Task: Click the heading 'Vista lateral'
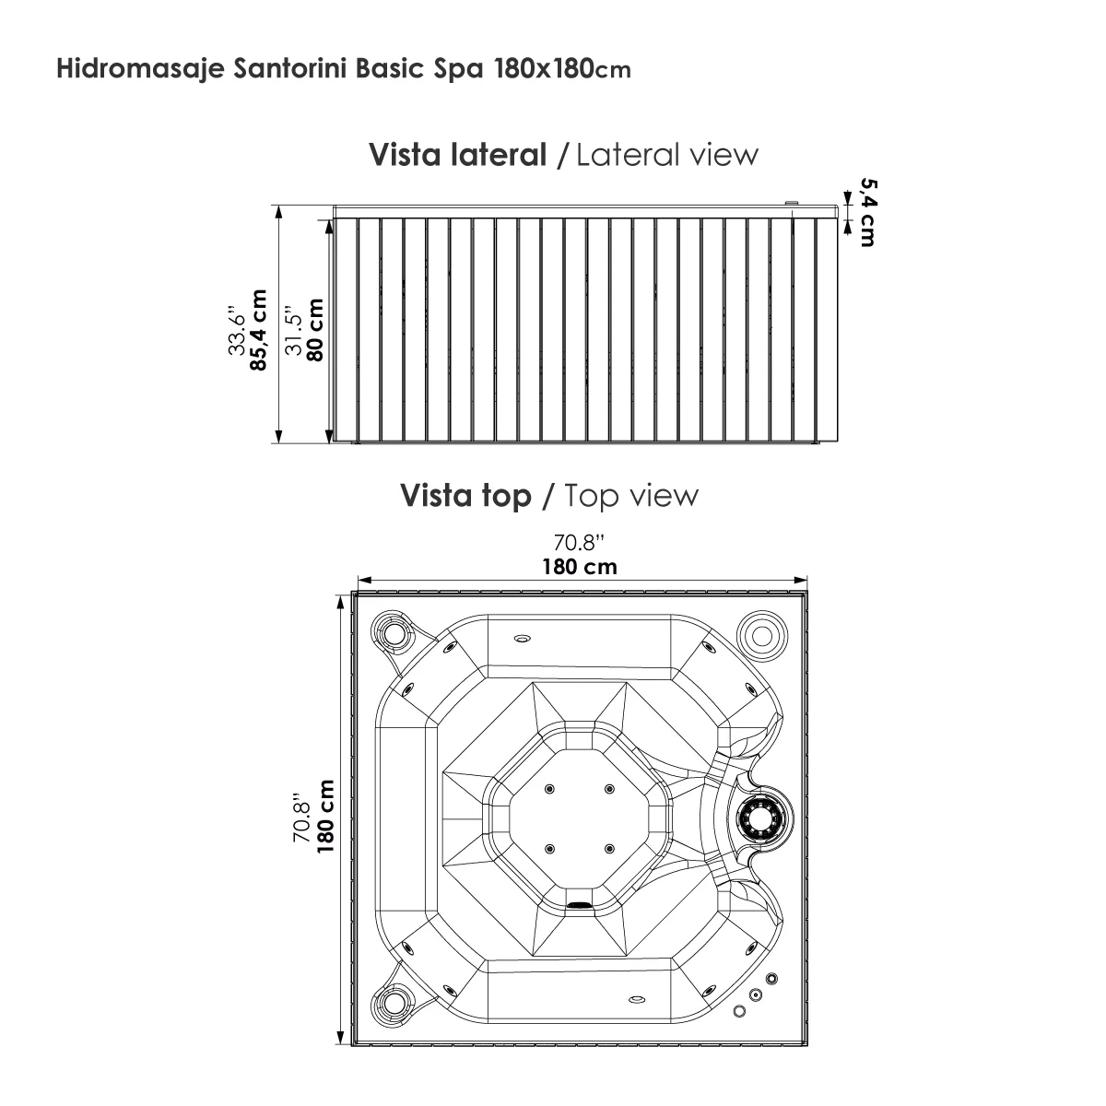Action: (x=457, y=154)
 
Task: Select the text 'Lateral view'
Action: (x=666, y=154)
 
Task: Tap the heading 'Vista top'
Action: (x=465, y=495)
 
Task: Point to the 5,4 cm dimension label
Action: (x=866, y=211)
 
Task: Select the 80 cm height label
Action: (x=314, y=330)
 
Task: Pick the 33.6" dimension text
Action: (x=238, y=330)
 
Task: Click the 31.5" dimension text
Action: (x=294, y=330)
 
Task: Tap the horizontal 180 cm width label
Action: (x=579, y=566)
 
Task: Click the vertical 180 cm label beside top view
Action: (x=324, y=815)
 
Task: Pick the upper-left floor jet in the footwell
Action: (x=550, y=788)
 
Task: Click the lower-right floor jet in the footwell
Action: (x=608, y=848)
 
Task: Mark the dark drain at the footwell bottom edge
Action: (x=579, y=905)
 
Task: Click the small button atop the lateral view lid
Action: (x=791, y=202)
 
